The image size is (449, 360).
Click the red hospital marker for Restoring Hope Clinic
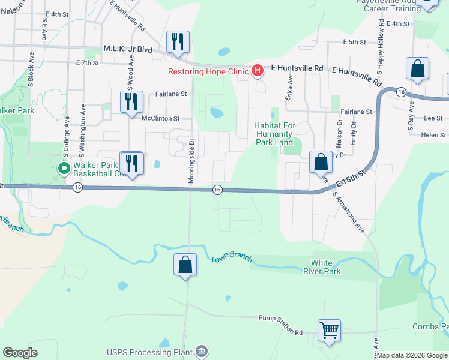coord(257,71)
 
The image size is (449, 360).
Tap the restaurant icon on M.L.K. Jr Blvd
coord(178,42)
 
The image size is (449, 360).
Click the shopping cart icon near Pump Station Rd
coord(330,330)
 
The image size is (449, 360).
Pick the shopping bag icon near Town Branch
coord(185,265)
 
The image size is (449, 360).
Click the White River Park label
coord(326,267)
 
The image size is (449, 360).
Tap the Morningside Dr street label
coord(192,158)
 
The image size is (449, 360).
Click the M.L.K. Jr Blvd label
coord(128,49)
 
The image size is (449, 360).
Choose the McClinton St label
coord(160,118)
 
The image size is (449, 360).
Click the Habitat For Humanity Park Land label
coord(273,134)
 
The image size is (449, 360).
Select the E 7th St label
coord(87,62)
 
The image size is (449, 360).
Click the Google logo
coord(20,353)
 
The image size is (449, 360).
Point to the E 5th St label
coord(354,42)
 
